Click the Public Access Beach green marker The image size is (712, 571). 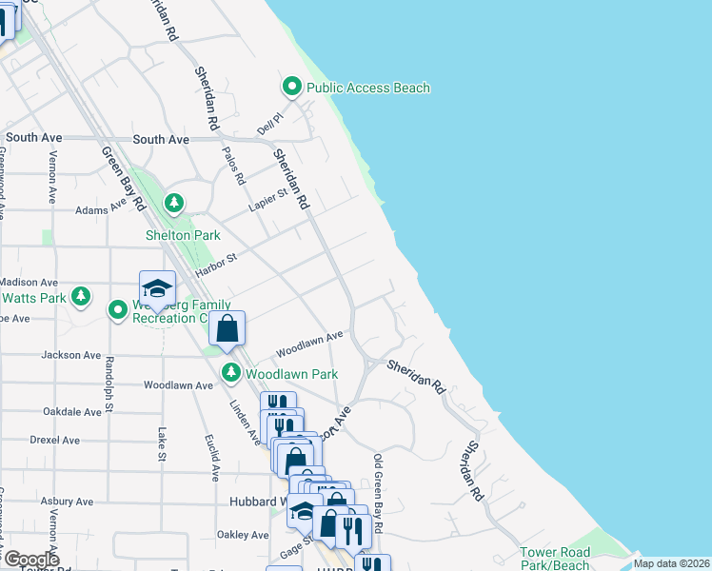point(292,88)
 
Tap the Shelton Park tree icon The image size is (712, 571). point(173,203)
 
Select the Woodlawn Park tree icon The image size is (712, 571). point(229,372)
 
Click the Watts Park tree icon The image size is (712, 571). point(82,297)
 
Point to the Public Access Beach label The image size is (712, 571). point(367,89)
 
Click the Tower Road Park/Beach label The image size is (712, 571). point(555,559)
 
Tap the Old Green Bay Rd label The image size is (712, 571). point(378,494)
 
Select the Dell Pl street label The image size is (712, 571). point(270,124)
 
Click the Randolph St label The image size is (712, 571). point(109,378)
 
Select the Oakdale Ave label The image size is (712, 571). point(71,412)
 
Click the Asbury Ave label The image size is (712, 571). point(69,502)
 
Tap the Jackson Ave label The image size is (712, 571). point(70,355)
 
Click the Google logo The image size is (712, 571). point(31,560)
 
